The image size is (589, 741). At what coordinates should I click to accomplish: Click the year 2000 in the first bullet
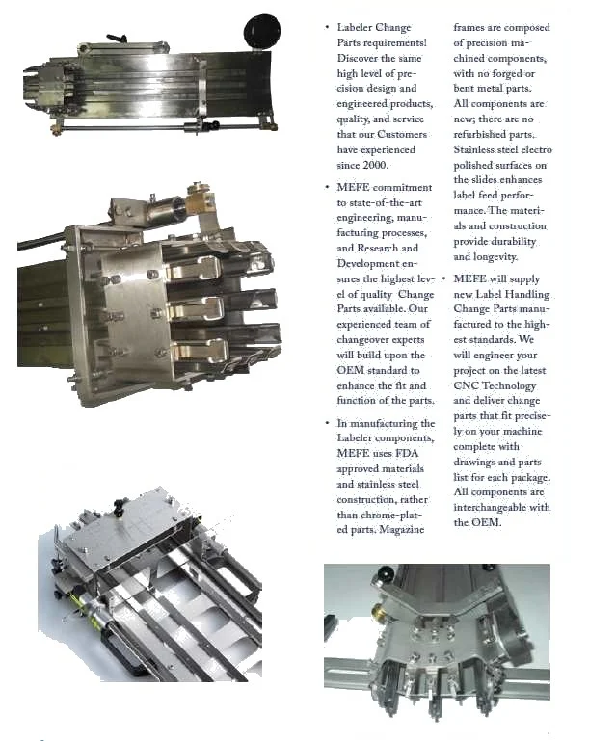tap(375, 165)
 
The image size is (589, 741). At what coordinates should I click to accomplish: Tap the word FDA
tap(407, 453)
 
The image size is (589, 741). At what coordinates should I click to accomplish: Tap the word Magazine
tap(402, 530)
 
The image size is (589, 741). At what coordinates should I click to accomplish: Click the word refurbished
tap(480, 134)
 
